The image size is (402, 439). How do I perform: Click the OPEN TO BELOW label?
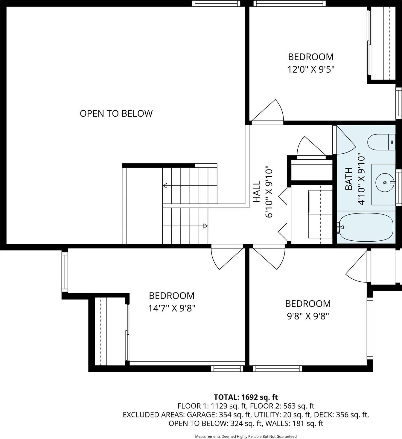pos(116,113)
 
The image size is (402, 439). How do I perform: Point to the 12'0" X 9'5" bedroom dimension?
pos(311,69)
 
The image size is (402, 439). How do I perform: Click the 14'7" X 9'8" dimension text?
pos(172,308)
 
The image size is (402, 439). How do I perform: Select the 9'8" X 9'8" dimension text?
pos(308,316)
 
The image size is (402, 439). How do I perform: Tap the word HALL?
pos(257,192)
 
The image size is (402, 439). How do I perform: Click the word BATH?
pos(349,179)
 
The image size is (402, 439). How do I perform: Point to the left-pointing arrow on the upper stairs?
pos(165,186)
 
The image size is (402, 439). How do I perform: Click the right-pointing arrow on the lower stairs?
pos(205,226)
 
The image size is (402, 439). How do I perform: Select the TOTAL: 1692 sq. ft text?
pos(246,397)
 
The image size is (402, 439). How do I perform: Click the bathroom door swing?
pos(345,141)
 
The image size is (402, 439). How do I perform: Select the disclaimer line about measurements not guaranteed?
pos(246,436)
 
